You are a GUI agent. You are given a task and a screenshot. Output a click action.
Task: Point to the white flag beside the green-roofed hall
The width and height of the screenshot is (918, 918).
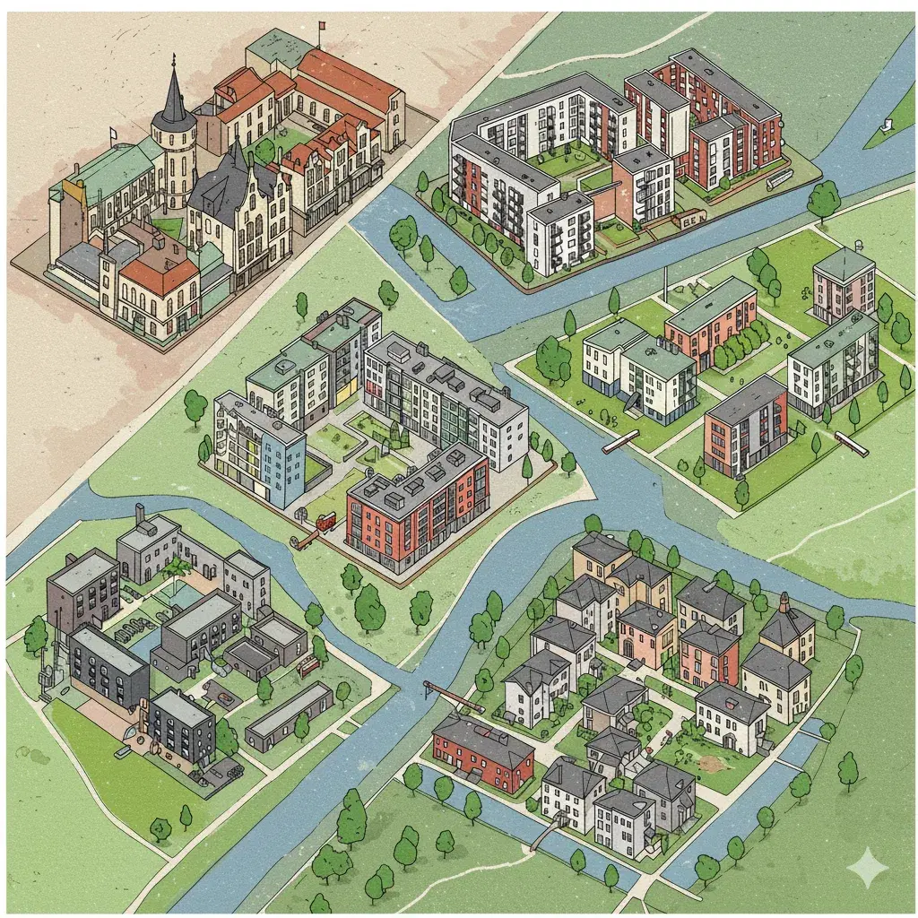point(114,134)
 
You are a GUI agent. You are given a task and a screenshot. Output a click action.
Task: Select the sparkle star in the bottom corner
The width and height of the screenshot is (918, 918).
point(867,867)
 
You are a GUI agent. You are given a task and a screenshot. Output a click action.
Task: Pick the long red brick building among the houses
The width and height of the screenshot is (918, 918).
point(481,749)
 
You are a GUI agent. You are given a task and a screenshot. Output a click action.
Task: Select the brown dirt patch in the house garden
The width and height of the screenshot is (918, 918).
point(714,765)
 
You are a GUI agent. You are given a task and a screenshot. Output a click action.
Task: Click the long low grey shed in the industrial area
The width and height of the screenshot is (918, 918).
point(289,714)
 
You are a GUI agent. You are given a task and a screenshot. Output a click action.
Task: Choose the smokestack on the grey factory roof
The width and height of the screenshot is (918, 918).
point(139,515)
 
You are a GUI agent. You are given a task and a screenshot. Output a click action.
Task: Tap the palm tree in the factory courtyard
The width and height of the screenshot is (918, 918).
point(178,567)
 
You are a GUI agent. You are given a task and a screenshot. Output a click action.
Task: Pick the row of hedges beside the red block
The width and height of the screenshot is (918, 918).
point(741,343)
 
